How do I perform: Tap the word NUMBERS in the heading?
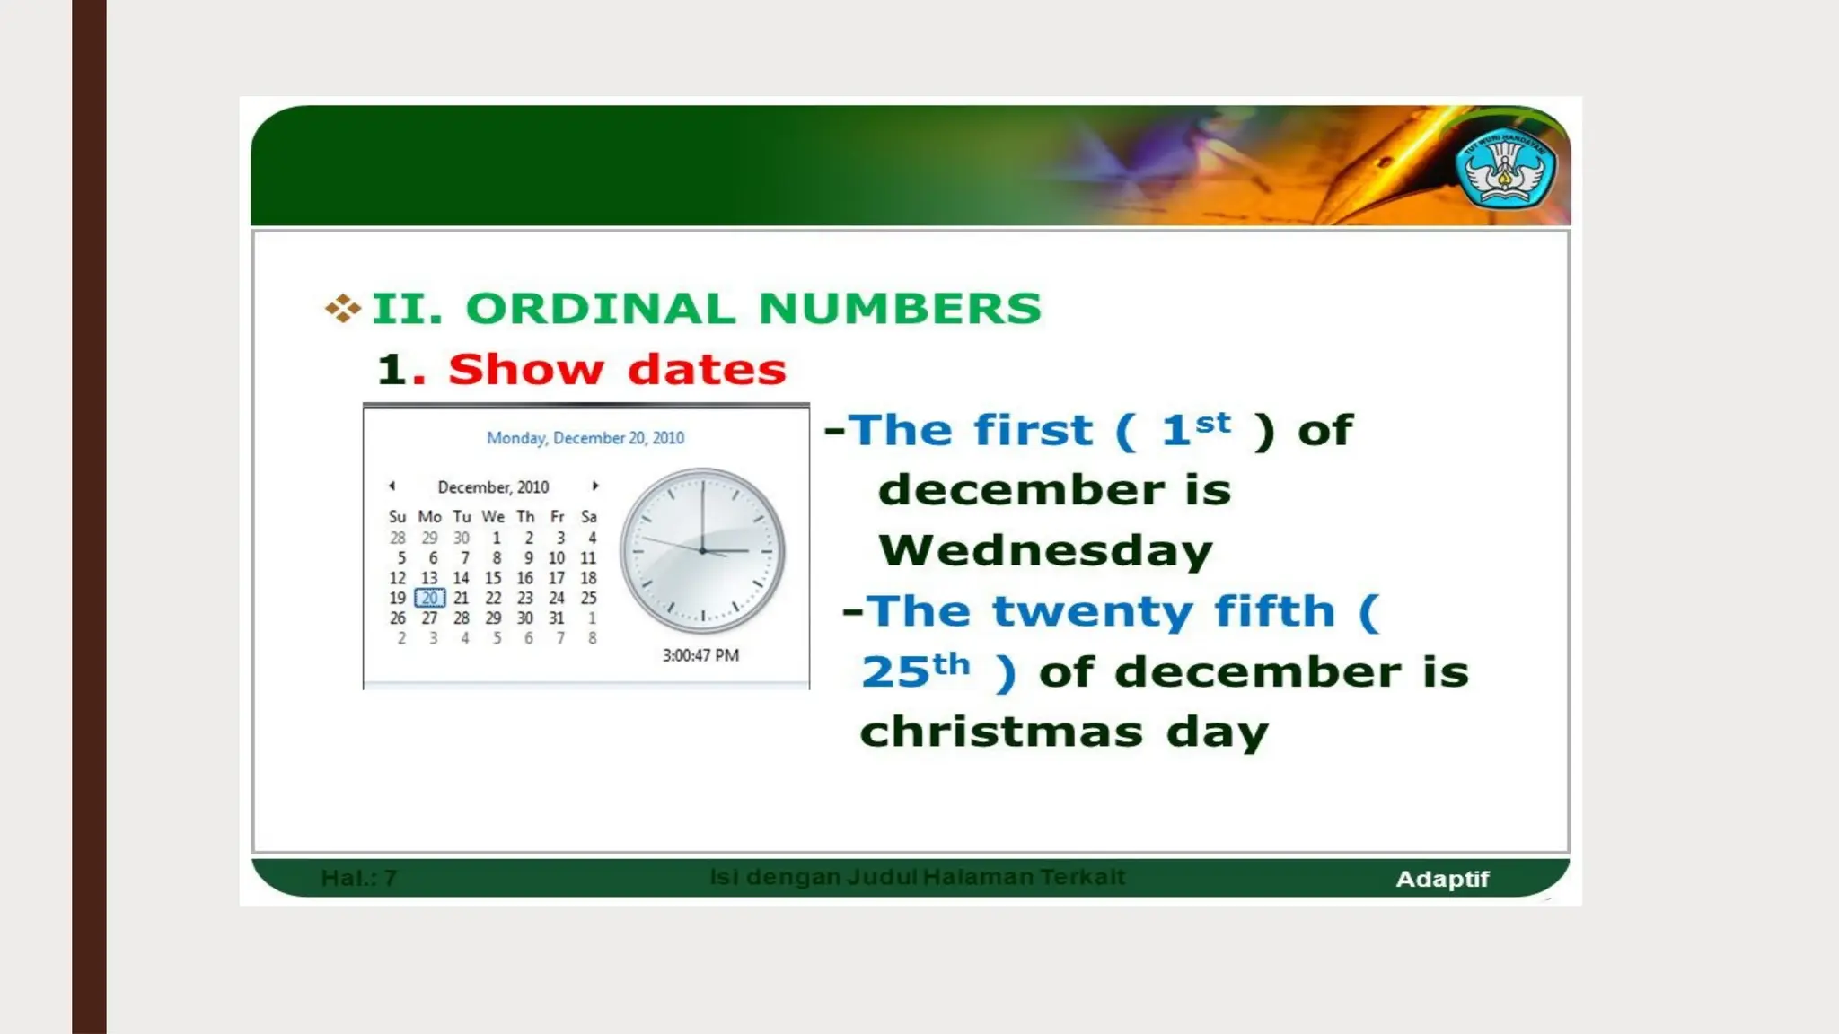(900, 309)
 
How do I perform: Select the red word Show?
(525, 369)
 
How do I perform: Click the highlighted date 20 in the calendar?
(430, 598)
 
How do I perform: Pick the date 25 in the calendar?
(588, 598)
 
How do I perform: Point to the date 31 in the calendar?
(557, 618)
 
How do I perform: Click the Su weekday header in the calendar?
(398, 517)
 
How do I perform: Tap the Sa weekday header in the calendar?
(588, 517)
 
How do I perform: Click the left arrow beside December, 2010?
(392, 486)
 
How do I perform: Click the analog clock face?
(702, 550)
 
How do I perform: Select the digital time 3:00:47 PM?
(700, 655)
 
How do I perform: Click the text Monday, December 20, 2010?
(585, 438)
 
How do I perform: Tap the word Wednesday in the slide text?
(1045, 550)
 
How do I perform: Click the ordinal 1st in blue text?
(1195, 428)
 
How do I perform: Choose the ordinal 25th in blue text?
(915, 670)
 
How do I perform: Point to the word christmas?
(1001, 732)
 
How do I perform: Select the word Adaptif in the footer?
(1442, 880)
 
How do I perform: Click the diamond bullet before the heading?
(342, 309)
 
